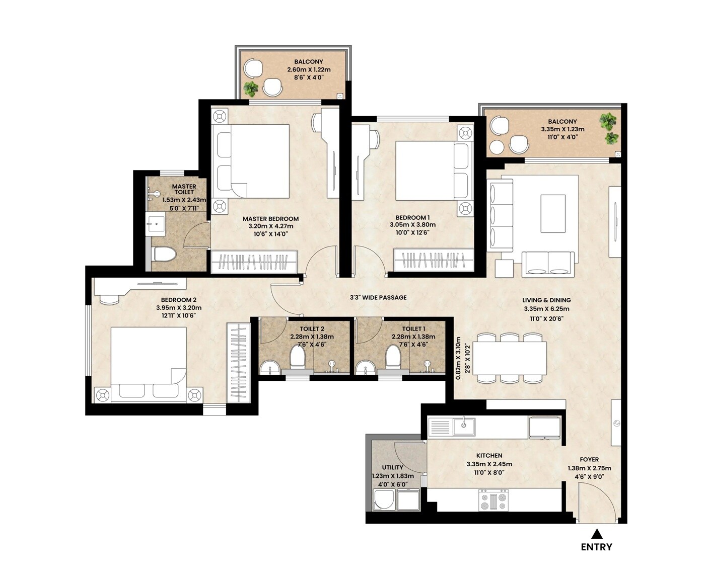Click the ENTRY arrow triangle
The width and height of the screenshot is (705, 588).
[x=597, y=534]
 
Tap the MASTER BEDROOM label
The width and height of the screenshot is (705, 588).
[x=270, y=219]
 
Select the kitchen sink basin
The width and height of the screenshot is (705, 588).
[x=463, y=427]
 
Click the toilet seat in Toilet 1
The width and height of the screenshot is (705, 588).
[x=393, y=356]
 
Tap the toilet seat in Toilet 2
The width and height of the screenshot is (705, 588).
[x=298, y=356]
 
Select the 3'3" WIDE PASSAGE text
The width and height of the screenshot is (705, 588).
[x=378, y=297]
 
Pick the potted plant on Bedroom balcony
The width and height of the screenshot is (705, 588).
[x=251, y=89]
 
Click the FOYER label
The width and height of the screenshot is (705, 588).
[x=589, y=459]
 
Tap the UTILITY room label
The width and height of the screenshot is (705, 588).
[x=392, y=467]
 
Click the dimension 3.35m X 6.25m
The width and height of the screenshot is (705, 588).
[x=546, y=309]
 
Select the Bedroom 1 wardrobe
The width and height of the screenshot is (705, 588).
[x=434, y=261]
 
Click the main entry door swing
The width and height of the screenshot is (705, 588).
[x=594, y=500]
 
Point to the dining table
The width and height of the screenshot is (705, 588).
[x=510, y=358]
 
